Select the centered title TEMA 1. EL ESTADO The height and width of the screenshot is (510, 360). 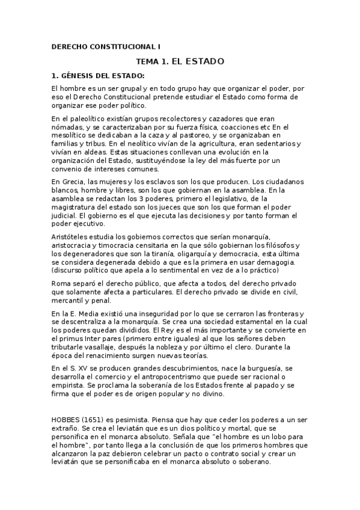pos(180,61)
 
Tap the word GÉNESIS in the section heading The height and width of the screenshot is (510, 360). pos(80,76)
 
